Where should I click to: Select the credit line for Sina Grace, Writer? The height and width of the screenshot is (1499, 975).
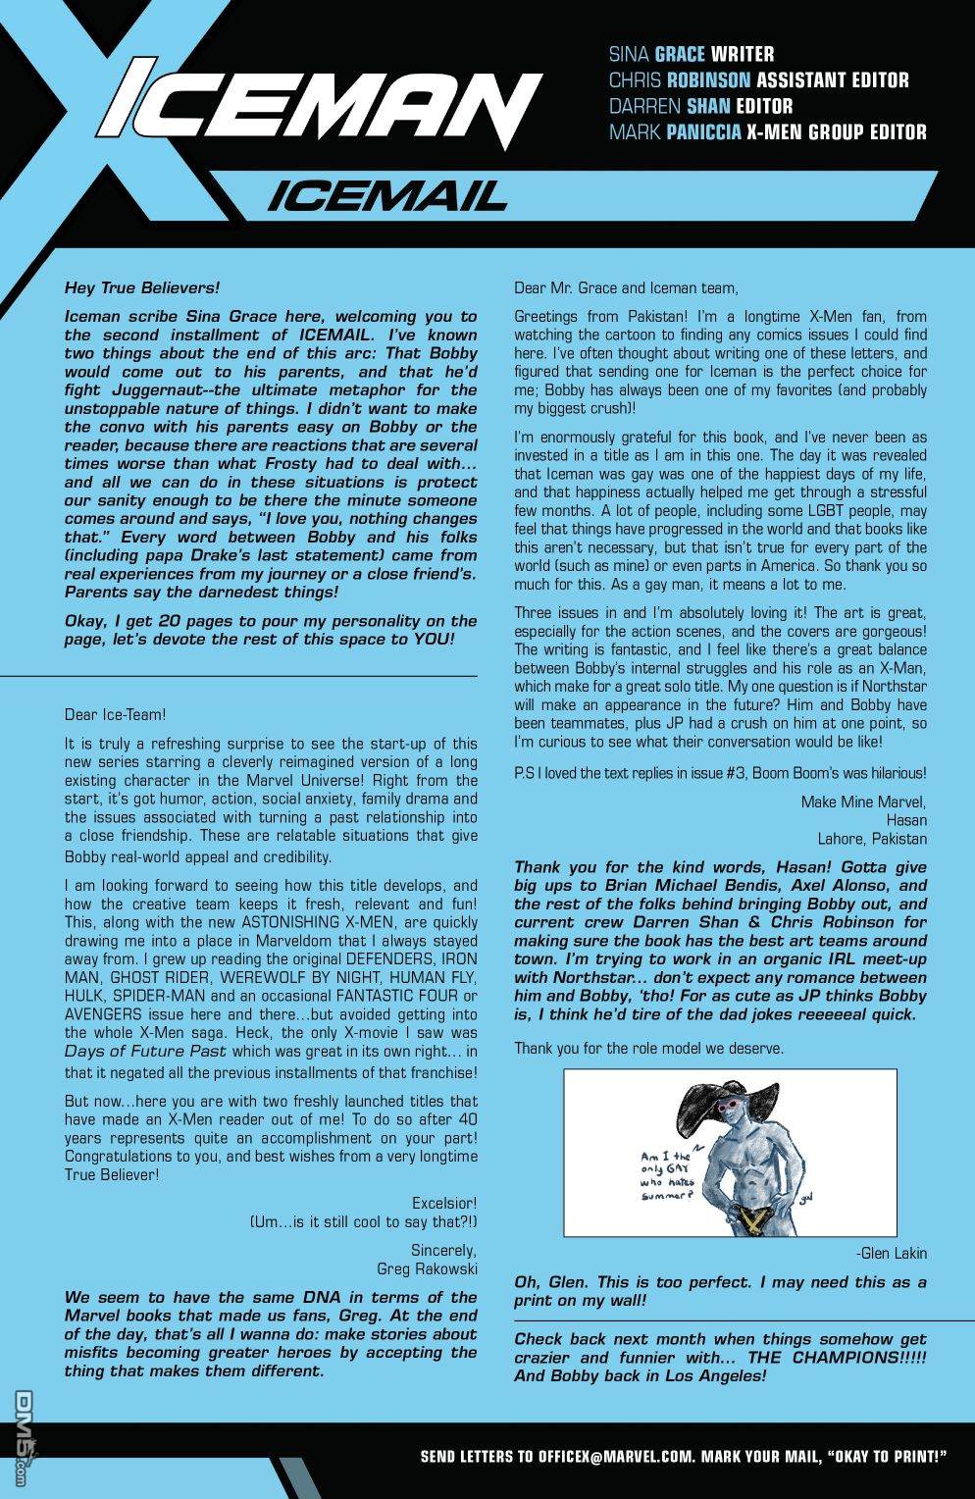tap(692, 54)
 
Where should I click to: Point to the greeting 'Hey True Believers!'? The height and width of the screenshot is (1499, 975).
tap(142, 288)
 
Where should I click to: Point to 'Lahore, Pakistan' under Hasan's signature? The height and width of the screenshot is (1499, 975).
tap(872, 839)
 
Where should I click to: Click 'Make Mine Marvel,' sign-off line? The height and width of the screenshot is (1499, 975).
tap(863, 801)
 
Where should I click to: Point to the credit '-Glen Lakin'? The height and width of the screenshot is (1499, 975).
tap(891, 1254)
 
